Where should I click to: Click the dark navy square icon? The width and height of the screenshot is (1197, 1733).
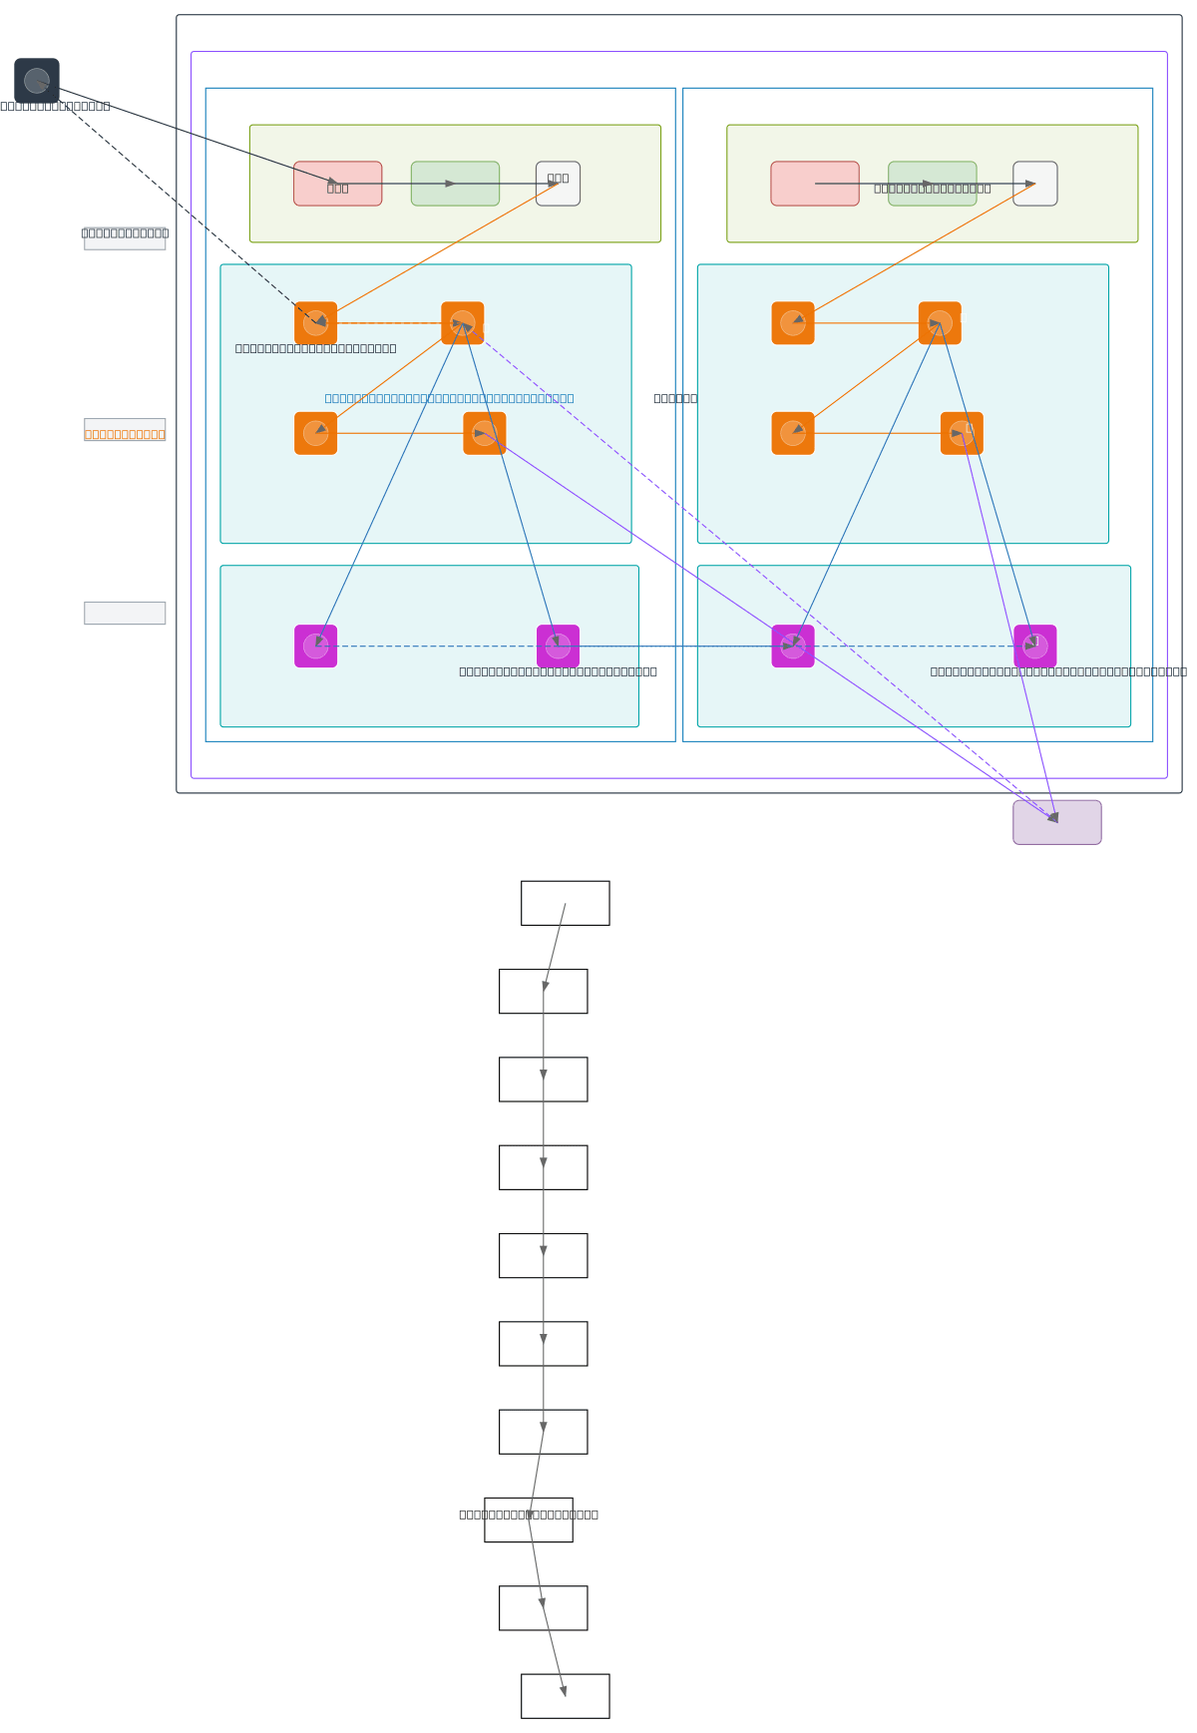pyautogui.click(x=37, y=81)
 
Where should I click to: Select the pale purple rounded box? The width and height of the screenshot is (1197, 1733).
pyautogui.click(x=1056, y=822)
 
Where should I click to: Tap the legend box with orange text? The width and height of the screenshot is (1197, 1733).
pyautogui.click(x=125, y=431)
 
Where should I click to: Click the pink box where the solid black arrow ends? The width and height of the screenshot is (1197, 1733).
pyautogui.click(x=337, y=184)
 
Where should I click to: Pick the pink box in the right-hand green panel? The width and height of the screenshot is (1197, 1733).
pyautogui.click(x=814, y=184)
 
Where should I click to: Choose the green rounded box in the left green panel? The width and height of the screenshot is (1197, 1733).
pyautogui.click(x=455, y=184)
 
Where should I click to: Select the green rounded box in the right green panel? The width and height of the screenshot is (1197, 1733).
pyautogui.click(x=932, y=184)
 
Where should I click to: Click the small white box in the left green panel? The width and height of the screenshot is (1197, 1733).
pyautogui.click(x=558, y=184)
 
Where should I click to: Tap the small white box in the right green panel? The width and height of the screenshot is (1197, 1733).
pyautogui.click(x=1034, y=184)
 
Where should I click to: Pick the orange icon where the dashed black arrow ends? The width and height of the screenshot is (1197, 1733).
pyautogui.click(x=315, y=323)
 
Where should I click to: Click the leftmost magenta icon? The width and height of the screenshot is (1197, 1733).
pyautogui.click(x=315, y=647)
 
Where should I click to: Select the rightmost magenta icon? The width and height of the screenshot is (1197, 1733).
pyautogui.click(x=1034, y=647)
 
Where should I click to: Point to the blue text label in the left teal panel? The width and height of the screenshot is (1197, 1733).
pyautogui.click(x=449, y=398)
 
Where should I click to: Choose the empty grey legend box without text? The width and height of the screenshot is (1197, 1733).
pyautogui.click(x=125, y=614)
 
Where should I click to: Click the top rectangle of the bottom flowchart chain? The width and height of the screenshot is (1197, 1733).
pyautogui.click(x=565, y=903)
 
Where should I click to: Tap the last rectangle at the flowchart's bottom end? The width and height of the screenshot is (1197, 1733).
pyautogui.click(x=565, y=1696)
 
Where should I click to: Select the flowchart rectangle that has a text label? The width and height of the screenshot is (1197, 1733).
pyautogui.click(x=529, y=1519)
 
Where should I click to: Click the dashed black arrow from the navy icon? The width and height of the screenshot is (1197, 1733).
pyautogui.click(x=180, y=205)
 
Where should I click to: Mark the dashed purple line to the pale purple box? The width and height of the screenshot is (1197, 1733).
pyautogui.click(x=758, y=569)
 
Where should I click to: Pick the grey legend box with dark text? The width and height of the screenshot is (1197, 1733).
pyautogui.click(x=125, y=237)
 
